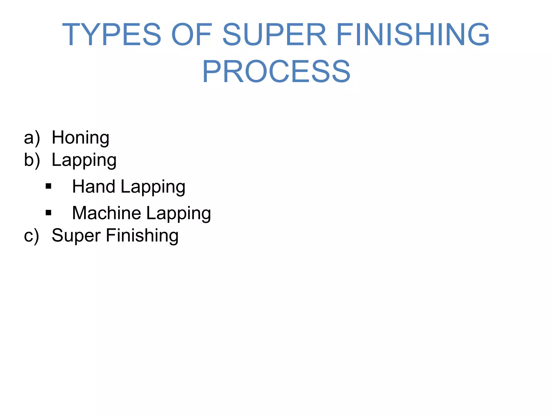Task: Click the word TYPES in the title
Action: tap(112, 35)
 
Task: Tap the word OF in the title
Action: tap(191, 35)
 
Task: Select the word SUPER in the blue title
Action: tap(275, 35)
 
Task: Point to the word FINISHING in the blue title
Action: tap(413, 35)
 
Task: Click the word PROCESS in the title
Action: tap(276, 72)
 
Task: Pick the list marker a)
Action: tap(32, 138)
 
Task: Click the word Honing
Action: tap(80, 138)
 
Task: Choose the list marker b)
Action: tap(32, 160)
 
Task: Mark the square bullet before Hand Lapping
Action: tap(49, 186)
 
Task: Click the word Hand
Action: tap(94, 186)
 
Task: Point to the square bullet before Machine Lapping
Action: tap(49, 213)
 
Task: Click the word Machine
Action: tap(106, 213)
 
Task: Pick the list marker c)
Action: tap(32, 236)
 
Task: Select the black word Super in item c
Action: tap(76, 236)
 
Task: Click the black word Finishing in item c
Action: tap(142, 236)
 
